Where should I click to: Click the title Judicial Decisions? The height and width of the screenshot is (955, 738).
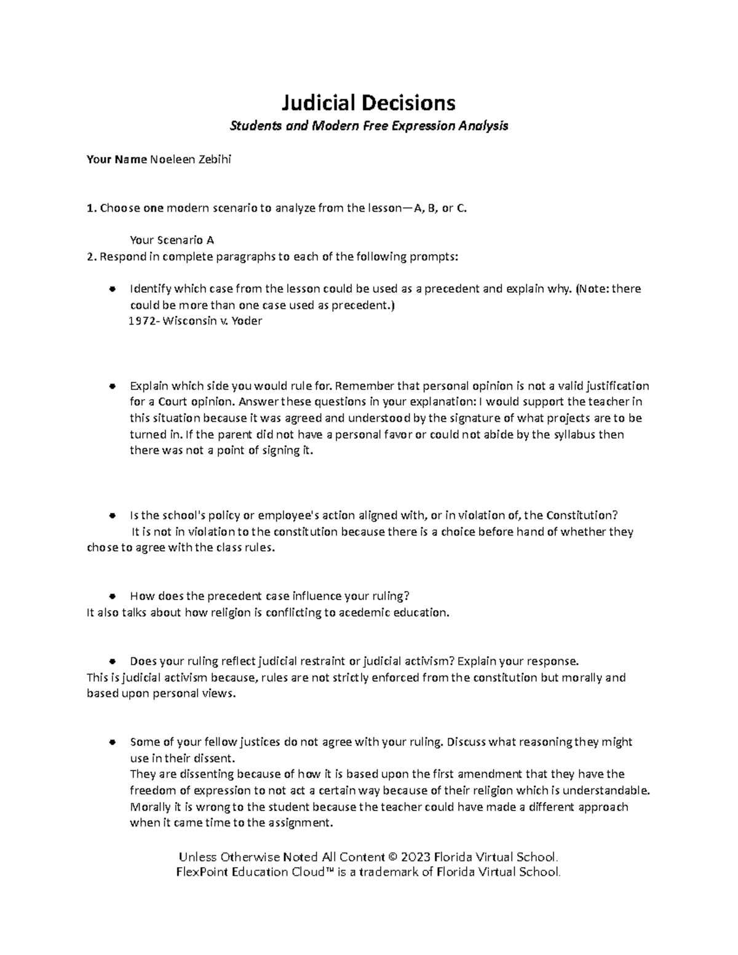(x=368, y=102)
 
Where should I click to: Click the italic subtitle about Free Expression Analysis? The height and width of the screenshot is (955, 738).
(x=368, y=126)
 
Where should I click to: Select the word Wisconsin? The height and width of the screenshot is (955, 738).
(x=189, y=321)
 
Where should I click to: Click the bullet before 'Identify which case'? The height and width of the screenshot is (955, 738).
(x=111, y=289)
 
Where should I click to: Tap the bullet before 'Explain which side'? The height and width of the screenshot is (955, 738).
(x=111, y=386)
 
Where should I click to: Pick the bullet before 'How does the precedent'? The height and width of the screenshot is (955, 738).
(x=111, y=596)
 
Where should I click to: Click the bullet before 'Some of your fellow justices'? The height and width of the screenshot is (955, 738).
(x=111, y=742)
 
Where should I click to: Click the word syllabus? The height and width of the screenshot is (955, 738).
(x=558, y=435)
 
